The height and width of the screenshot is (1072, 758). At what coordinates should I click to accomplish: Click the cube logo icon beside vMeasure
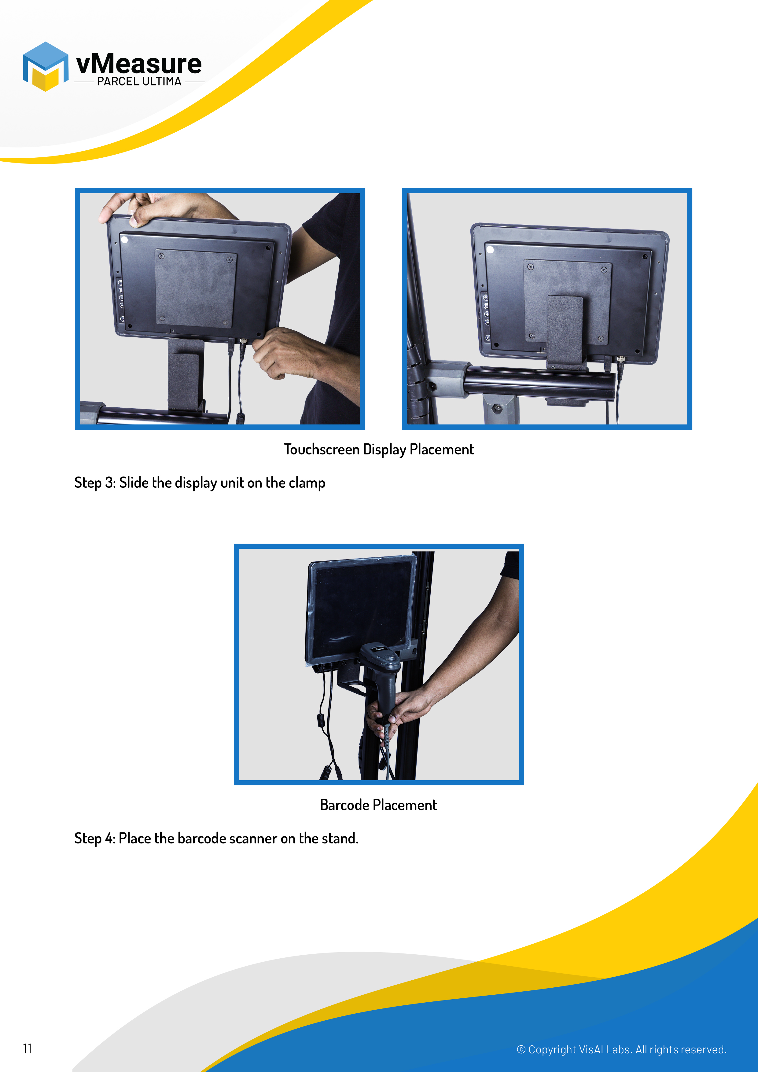pyautogui.click(x=45, y=66)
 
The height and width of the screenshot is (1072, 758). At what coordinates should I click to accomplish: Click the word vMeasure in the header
pyautogui.click(x=139, y=64)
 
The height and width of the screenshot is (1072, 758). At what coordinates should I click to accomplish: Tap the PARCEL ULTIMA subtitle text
pyautogui.click(x=139, y=81)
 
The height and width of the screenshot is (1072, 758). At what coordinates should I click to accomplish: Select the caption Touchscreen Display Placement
pyautogui.click(x=379, y=449)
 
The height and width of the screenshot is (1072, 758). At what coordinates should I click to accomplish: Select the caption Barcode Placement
pyautogui.click(x=378, y=805)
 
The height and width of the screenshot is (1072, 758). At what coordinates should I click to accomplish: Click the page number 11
pyautogui.click(x=27, y=1049)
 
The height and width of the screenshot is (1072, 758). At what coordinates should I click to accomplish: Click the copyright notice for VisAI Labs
pyautogui.click(x=622, y=1050)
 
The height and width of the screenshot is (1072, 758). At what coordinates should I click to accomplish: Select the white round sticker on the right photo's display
pyautogui.click(x=490, y=249)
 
